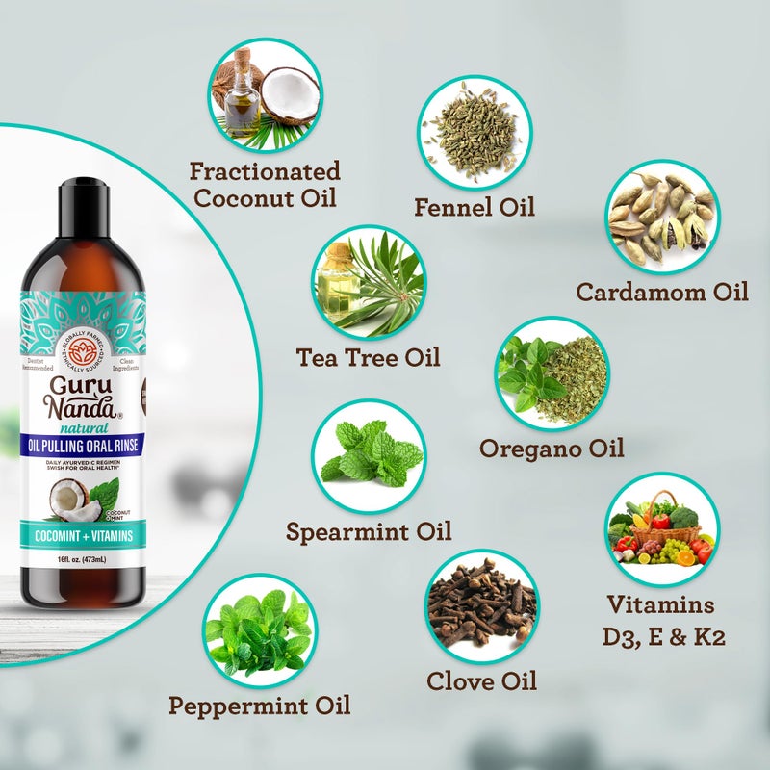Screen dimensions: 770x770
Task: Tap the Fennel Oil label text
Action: click(474, 206)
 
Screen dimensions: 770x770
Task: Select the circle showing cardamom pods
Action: click(662, 216)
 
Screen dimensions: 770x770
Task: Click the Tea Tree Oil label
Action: click(368, 357)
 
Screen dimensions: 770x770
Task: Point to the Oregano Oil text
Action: click(552, 448)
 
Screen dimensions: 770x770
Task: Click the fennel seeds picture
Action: click(474, 130)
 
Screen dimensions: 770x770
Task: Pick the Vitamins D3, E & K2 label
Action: click(660, 621)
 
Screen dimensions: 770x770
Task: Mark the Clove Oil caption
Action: click(481, 680)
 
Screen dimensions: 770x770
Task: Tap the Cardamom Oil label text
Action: click(662, 292)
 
